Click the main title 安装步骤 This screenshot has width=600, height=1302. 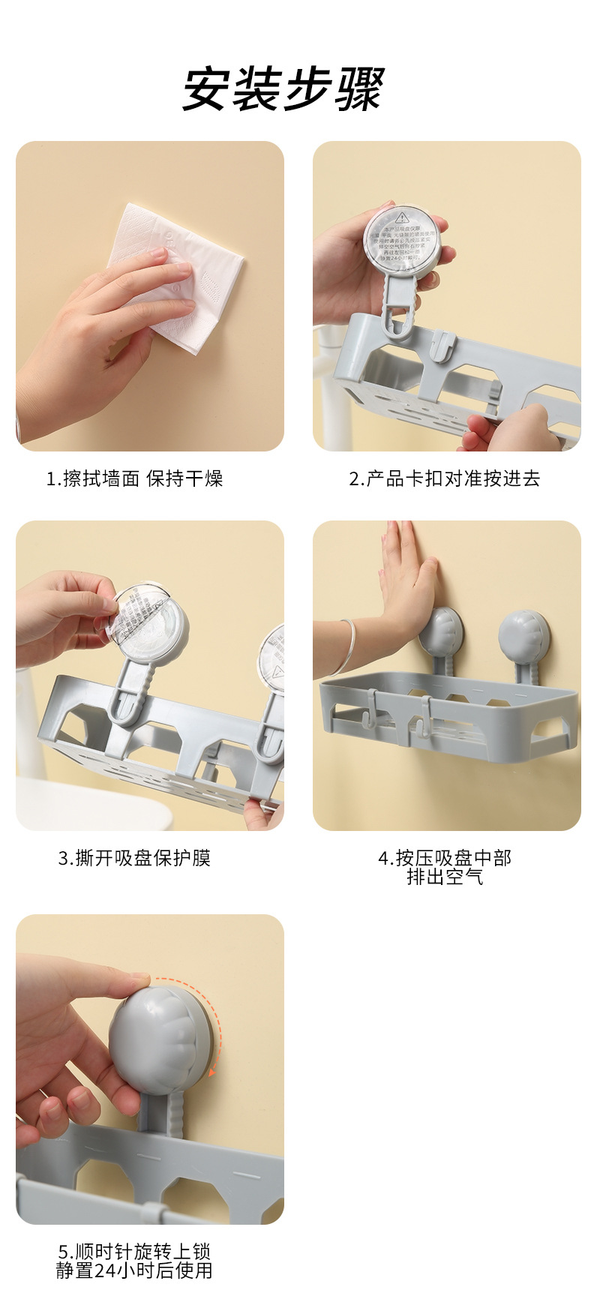[283, 90]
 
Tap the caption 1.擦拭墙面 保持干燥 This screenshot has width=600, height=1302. [135, 478]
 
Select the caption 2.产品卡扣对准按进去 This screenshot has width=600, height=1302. [445, 478]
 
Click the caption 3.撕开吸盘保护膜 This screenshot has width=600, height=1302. [135, 858]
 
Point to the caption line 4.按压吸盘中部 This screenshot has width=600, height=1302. [445, 858]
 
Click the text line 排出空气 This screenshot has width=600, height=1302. [445, 877]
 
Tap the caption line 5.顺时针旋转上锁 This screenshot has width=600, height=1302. [135, 1252]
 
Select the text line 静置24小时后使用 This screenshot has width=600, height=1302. [135, 1270]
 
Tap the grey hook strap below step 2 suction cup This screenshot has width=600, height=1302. [399, 307]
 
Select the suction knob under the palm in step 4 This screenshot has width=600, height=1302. [441, 630]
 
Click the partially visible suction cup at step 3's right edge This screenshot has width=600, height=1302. [274, 660]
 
